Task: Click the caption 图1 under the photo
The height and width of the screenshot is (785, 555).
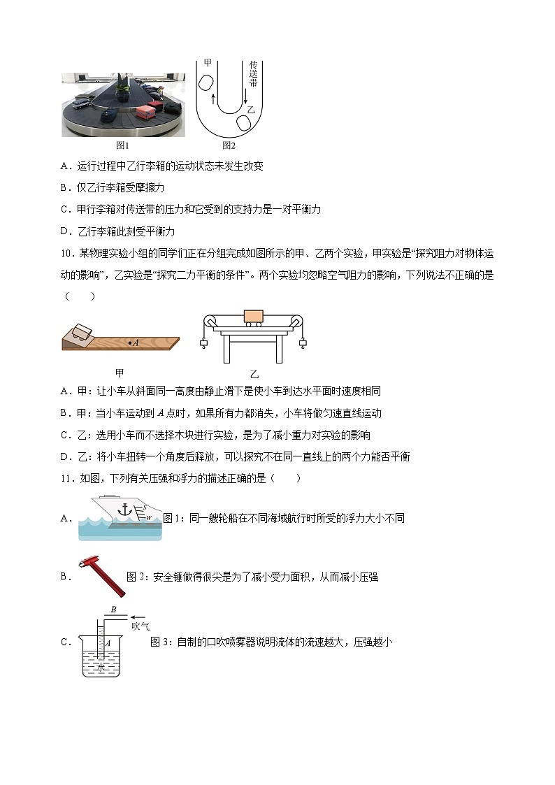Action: tap(123, 145)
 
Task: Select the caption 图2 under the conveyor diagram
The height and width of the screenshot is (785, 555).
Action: tap(229, 145)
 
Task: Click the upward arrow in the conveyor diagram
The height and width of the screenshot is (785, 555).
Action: tap(213, 99)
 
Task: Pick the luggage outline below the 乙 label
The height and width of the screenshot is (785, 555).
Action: tap(244, 123)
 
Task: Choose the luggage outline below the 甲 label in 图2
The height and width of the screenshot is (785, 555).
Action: tap(207, 82)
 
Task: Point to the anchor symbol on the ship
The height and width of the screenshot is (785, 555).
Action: tap(126, 510)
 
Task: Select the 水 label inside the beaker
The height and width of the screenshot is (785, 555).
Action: tap(102, 667)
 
